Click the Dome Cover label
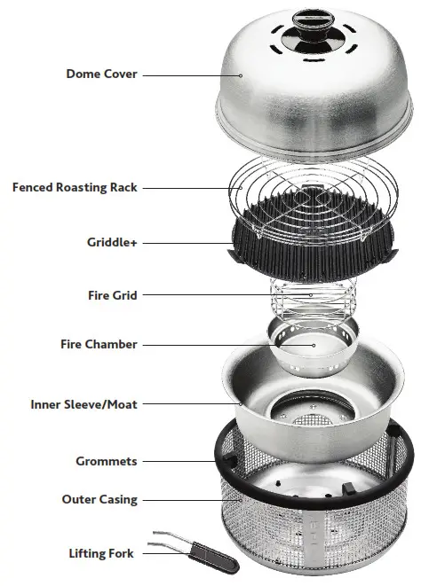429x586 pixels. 101,74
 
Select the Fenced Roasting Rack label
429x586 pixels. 75,187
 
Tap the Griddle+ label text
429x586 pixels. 112,241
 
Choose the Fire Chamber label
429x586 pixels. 99,344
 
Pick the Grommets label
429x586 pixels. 107,461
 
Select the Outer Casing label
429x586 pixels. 99,499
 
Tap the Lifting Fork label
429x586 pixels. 101,554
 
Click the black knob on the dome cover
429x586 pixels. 314,39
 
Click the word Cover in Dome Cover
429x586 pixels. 120,74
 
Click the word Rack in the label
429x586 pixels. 123,187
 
